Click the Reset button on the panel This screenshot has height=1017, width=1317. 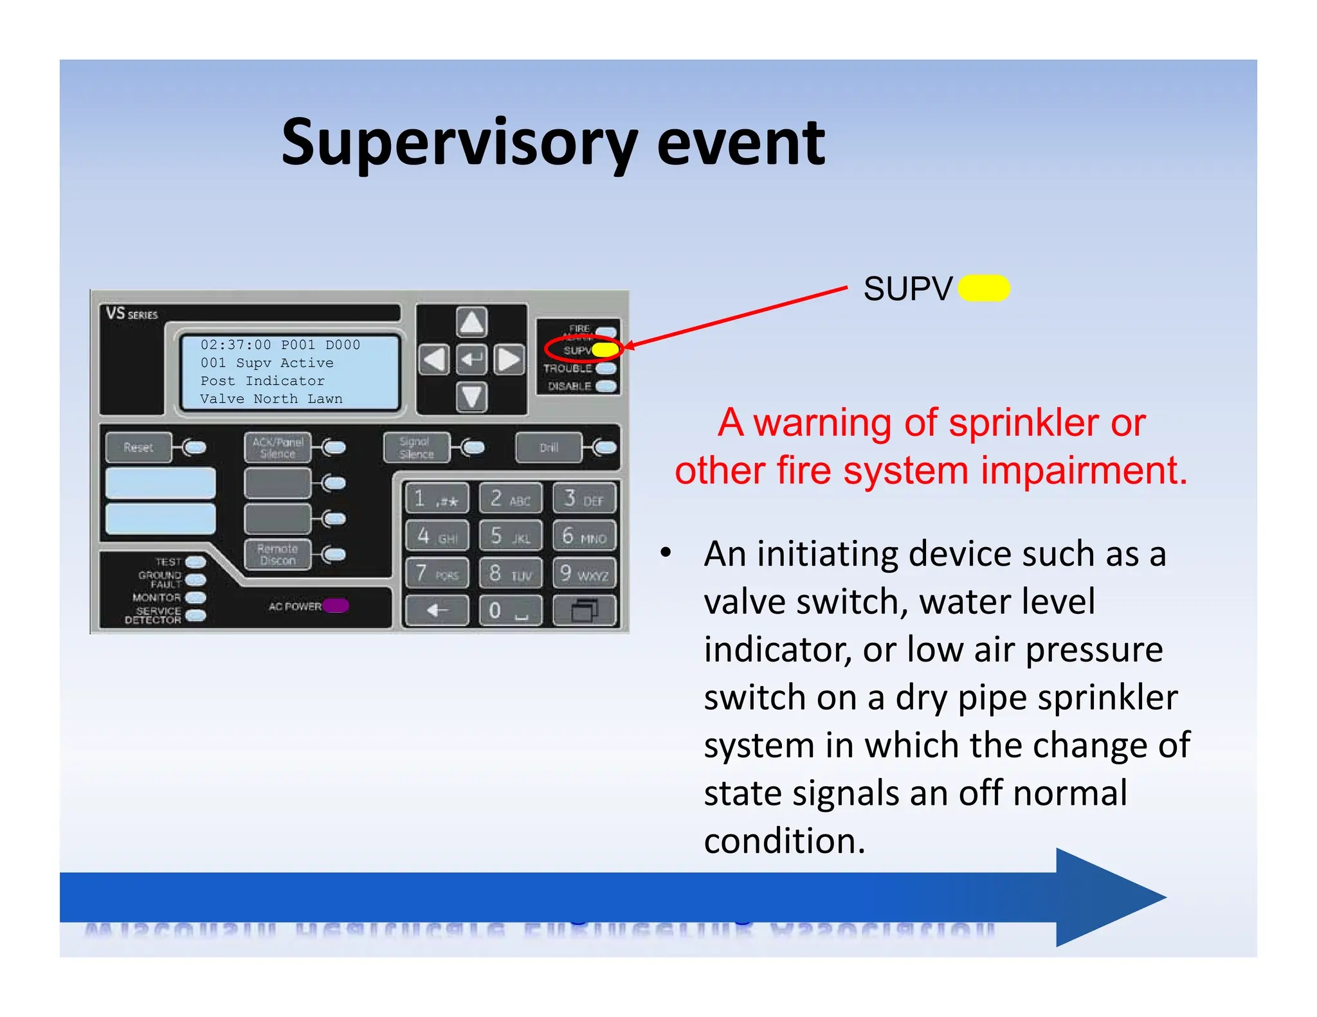pos(139,447)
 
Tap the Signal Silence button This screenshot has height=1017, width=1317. pos(415,447)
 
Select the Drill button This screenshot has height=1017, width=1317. pos(549,447)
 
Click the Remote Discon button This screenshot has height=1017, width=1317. pos(277,554)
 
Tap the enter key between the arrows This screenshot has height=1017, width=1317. pos(471,359)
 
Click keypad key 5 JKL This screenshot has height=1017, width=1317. pos(511,536)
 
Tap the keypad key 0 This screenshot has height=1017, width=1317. pos(511,610)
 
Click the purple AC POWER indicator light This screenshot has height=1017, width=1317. pos(336,606)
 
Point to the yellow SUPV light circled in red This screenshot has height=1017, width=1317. pos(604,350)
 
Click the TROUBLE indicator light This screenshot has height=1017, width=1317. pos(606,368)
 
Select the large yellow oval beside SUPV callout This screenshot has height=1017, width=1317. pos(984,288)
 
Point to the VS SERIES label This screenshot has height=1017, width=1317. pos(132,314)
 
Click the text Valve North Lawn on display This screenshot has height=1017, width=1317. pos(271,399)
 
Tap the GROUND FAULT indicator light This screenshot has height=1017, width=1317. pos(195,580)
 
